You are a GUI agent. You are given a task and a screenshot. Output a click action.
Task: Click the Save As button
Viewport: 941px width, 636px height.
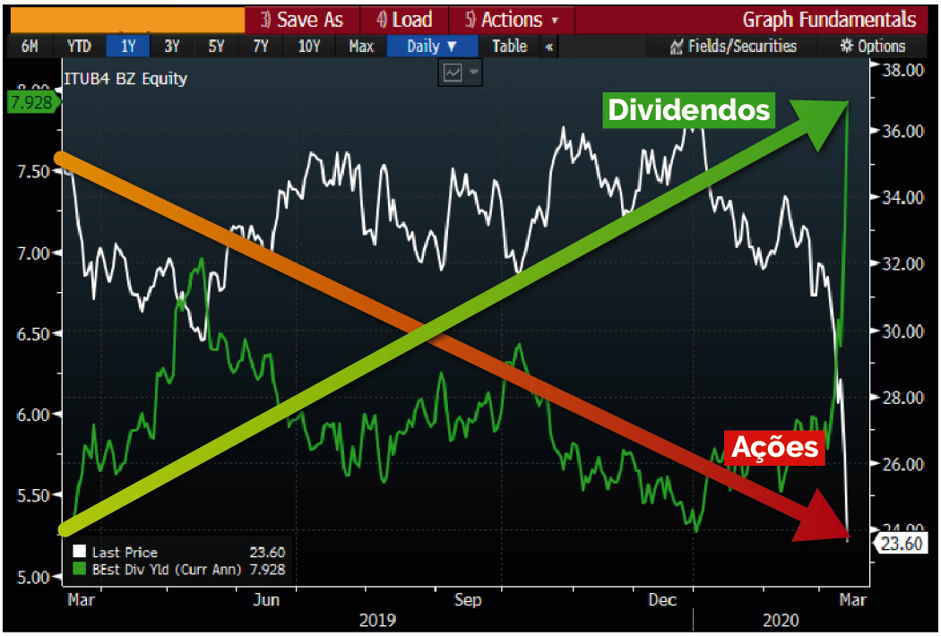(x=302, y=20)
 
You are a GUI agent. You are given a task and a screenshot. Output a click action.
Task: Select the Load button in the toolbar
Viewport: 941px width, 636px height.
(x=404, y=20)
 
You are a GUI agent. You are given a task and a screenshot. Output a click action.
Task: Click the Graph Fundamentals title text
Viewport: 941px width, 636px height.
(x=829, y=20)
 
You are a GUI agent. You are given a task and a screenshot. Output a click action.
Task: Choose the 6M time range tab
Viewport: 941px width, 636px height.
(x=30, y=47)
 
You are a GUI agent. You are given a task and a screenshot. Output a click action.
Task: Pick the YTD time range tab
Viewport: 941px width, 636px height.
(x=79, y=47)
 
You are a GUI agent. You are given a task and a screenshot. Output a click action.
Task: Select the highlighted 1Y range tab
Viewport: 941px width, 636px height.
(x=125, y=47)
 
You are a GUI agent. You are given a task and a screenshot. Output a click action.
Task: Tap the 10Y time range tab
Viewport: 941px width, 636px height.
(x=308, y=47)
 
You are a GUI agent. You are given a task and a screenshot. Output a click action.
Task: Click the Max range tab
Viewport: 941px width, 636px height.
(x=360, y=47)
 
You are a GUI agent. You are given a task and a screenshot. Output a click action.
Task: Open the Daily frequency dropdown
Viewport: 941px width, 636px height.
(x=431, y=47)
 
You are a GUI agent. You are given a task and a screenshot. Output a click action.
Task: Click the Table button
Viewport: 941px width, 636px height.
(x=509, y=47)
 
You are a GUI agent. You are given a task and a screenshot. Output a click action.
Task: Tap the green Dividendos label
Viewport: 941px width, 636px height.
(x=688, y=109)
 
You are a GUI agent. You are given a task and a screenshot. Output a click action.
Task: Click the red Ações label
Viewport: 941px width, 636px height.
(x=775, y=446)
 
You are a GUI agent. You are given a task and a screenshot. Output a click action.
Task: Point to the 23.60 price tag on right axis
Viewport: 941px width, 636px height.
(x=902, y=543)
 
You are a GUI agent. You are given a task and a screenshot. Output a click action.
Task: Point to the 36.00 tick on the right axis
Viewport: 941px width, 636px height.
(x=902, y=131)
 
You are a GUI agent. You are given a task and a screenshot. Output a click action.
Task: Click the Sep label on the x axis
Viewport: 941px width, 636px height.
(x=467, y=599)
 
